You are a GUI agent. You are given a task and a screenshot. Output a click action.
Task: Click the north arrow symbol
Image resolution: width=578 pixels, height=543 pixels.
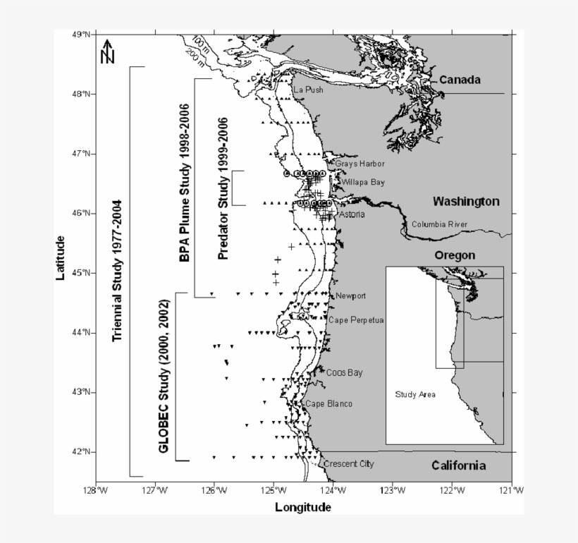[x=108, y=51]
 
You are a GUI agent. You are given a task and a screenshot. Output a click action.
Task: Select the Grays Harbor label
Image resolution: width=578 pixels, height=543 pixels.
[x=359, y=164]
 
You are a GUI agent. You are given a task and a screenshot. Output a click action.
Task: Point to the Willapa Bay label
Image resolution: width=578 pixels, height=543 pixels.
[x=363, y=183]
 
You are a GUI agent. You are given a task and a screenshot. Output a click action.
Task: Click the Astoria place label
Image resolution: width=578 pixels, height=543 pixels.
[x=352, y=214]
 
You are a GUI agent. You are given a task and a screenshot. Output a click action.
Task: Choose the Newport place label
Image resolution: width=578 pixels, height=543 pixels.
[x=351, y=295]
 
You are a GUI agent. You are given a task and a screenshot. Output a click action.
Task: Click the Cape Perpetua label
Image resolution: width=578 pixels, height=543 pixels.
[x=356, y=320]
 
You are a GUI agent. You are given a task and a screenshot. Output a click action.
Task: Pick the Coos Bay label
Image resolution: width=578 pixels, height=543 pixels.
[x=344, y=372]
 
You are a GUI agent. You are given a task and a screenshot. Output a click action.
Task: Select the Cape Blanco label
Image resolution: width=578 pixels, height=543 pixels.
[x=328, y=404]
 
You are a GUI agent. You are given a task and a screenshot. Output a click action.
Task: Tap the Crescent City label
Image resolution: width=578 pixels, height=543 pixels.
[x=348, y=464]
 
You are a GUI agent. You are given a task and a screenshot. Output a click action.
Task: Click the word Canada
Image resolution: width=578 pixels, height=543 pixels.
[x=460, y=80]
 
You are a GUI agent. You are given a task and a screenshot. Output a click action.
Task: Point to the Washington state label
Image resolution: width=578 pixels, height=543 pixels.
[x=466, y=202]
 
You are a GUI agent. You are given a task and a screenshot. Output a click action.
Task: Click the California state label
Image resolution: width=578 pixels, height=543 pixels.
[x=459, y=465]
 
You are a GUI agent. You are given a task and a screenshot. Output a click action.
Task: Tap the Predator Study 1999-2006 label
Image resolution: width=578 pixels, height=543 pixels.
[x=224, y=189]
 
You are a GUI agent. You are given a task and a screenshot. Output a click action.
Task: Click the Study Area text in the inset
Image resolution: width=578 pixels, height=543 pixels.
[x=415, y=394]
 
